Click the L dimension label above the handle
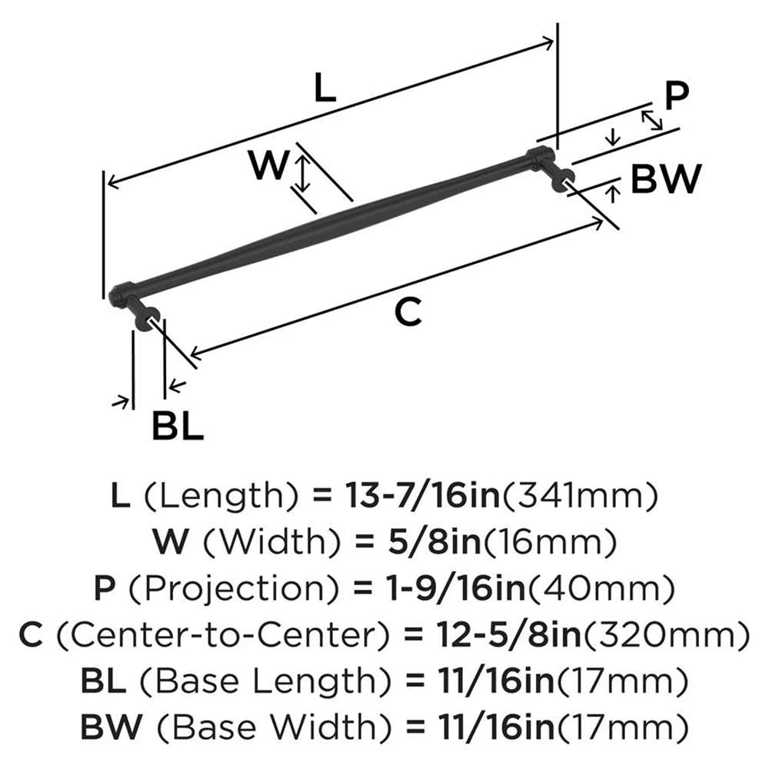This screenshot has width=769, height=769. pos(326,91)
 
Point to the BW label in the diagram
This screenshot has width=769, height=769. pos(666,180)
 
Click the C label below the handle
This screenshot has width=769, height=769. pos(408,311)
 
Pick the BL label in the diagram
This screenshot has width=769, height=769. pos(177,426)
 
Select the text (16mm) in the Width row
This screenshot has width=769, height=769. pos(544,543)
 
